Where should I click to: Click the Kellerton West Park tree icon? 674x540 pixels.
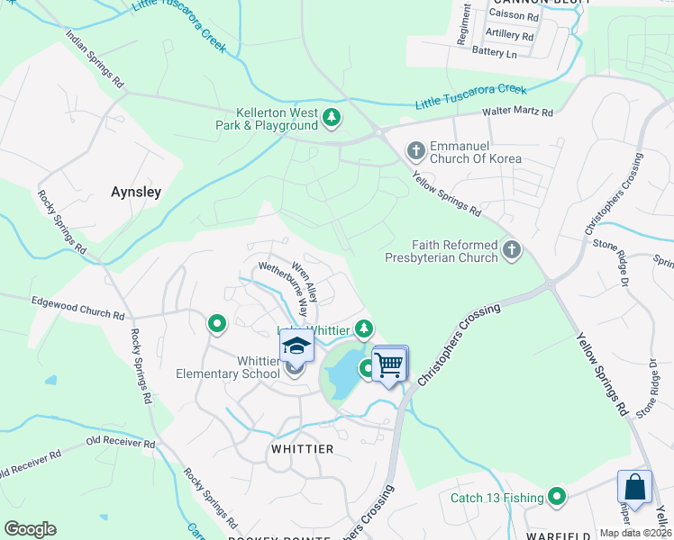(x=332, y=117)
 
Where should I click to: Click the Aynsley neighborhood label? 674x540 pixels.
(x=136, y=192)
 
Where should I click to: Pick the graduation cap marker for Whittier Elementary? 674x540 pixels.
(x=296, y=346)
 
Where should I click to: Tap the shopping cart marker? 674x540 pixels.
(x=389, y=364)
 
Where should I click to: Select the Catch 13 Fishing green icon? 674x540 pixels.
(x=558, y=497)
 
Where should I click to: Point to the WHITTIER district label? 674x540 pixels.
(x=302, y=448)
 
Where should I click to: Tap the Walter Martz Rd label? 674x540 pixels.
(x=517, y=112)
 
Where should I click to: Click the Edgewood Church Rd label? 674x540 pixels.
(x=77, y=308)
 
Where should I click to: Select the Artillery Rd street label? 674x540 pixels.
(x=509, y=34)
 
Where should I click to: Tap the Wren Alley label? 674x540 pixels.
(x=304, y=281)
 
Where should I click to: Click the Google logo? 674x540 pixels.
(x=30, y=528)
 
